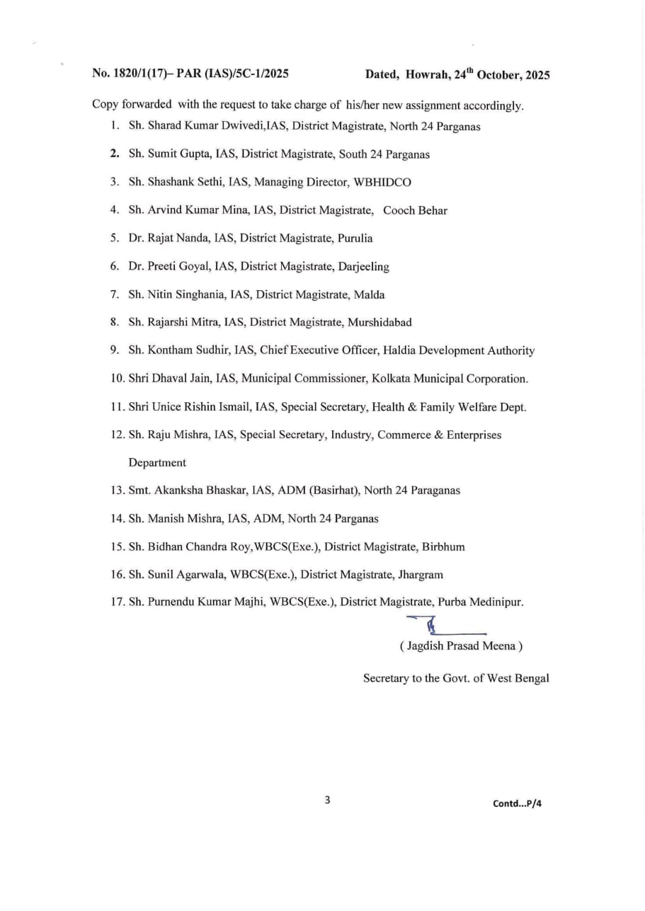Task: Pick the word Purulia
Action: point(355,238)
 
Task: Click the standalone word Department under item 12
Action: point(157,462)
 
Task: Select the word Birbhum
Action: point(443,546)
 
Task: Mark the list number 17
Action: point(118,602)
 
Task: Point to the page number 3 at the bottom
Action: point(327,801)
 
